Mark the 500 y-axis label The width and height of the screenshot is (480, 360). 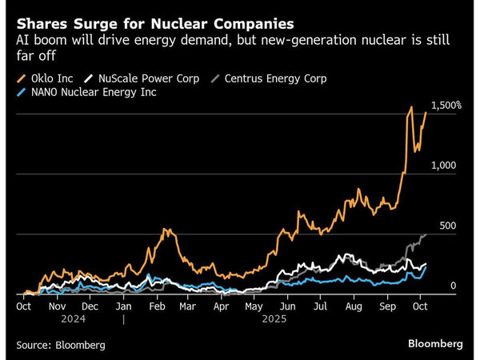pos(446,226)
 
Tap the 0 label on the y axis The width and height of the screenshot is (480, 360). pos(453,286)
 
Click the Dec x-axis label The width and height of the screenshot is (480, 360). pos(90,306)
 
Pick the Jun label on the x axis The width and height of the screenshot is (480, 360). pos(287,306)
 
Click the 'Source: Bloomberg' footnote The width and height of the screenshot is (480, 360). pos(60,345)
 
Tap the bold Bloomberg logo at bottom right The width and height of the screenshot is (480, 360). pos(435,343)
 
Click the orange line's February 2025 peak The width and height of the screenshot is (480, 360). pos(166,230)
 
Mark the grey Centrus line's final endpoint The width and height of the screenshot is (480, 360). pos(426,234)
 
